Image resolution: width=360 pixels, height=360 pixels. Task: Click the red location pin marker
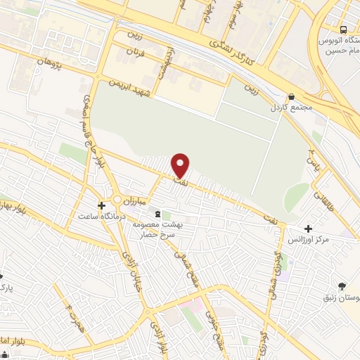[x=181, y=165]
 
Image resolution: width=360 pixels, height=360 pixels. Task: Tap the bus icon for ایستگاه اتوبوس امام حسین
[x=343, y=30]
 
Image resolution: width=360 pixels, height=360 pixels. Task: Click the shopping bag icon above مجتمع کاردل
[x=291, y=97]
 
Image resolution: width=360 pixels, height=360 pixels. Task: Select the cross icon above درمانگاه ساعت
[x=102, y=206]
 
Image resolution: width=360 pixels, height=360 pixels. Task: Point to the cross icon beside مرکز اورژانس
[x=308, y=228]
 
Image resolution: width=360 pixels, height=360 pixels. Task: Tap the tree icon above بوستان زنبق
[x=342, y=285]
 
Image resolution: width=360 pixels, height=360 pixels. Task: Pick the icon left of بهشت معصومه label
[x=157, y=214]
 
